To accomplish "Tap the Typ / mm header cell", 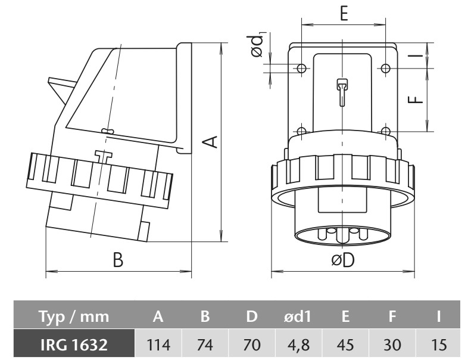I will [x=74, y=317].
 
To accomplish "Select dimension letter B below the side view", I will [x=118, y=261].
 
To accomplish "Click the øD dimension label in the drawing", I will [x=343, y=261].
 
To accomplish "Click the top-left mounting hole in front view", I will [x=302, y=69].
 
